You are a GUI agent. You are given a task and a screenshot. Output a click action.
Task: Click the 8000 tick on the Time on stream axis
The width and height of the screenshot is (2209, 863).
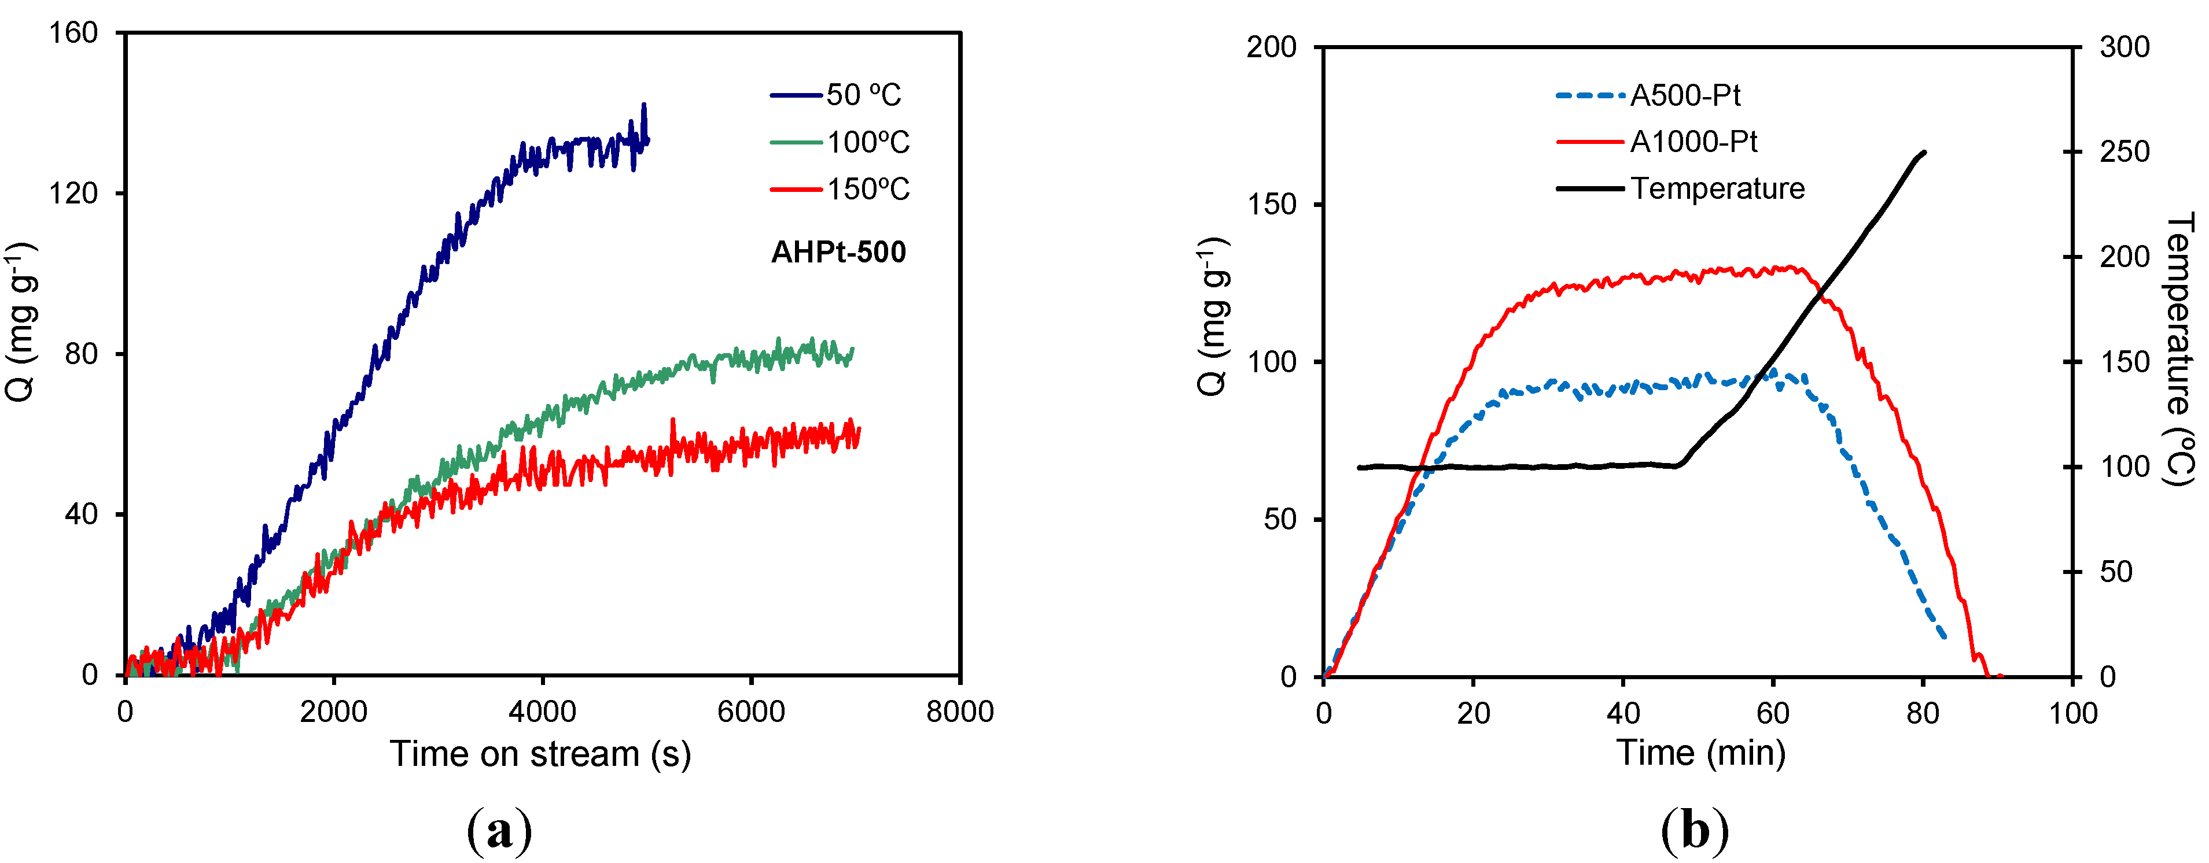[x=960, y=712]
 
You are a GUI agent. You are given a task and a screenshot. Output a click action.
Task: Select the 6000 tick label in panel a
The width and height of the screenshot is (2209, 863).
[x=751, y=712]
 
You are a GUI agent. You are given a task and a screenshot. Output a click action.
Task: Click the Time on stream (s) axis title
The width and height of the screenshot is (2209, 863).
[x=540, y=754]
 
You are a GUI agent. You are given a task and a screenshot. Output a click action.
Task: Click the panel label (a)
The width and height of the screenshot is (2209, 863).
[x=500, y=829]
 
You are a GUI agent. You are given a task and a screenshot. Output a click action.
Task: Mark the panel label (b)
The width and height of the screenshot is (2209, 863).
[x=1695, y=829]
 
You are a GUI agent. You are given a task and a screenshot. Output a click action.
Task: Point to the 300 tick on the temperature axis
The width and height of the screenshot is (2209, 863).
[x=2124, y=47]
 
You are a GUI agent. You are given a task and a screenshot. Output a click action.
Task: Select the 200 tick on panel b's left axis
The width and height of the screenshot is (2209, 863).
[x=1272, y=47]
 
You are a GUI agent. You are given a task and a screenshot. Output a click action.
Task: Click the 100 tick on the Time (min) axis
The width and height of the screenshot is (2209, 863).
[x=2072, y=713]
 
